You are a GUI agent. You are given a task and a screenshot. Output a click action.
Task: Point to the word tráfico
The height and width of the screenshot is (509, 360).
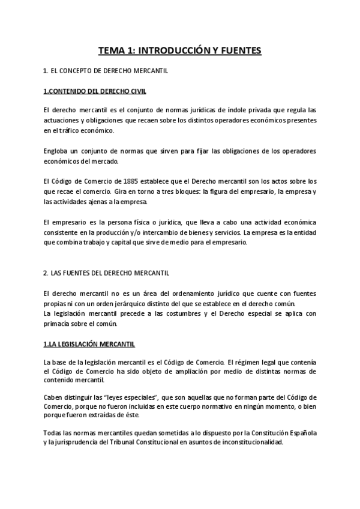coord(74,130)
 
